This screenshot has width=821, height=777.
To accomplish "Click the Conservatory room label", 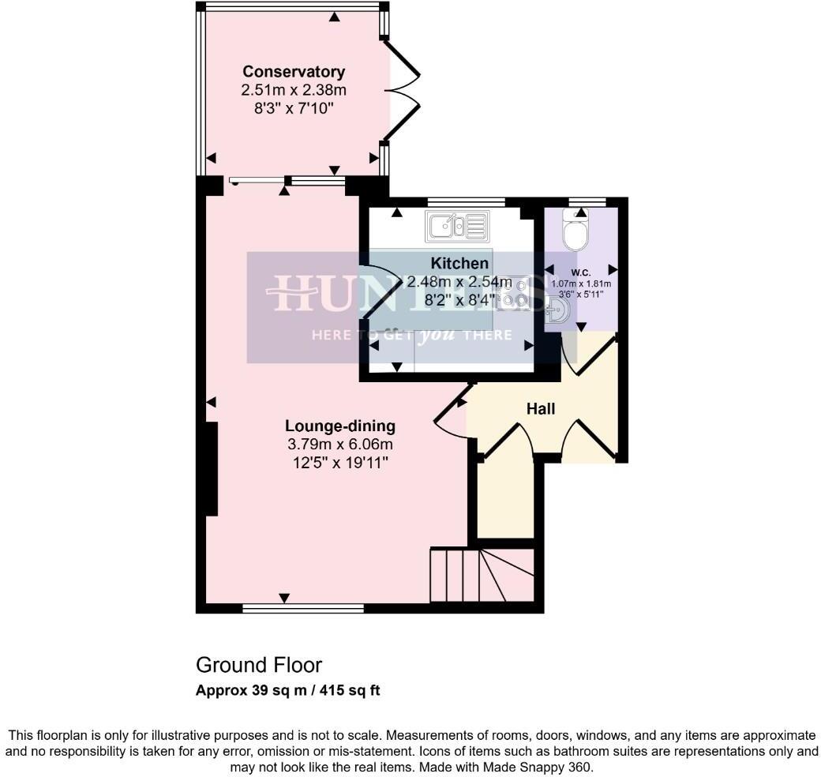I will (x=294, y=72).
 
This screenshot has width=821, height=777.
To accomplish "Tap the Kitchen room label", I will (x=459, y=263).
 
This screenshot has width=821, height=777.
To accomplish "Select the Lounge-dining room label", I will (x=341, y=426).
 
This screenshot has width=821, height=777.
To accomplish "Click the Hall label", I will (x=541, y=409).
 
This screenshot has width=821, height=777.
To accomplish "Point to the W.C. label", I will (x=581, y=272).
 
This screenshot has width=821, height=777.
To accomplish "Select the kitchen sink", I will (x=457, y=227).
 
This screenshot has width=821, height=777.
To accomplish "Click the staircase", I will (x=480, y=575).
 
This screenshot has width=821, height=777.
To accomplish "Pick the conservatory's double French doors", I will (x=403, y=91).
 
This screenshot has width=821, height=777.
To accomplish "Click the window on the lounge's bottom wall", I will (x=303, y=608).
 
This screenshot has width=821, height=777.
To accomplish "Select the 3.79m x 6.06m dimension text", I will (x=341, y=445).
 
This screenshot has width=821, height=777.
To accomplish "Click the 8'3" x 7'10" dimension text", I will (x=294, y=108).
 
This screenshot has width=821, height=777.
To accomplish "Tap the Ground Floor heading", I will (x=259, y=665).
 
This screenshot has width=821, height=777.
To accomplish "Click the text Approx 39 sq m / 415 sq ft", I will (x=288, y=690).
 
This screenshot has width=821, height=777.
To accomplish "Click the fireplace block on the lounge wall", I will (x=212, y=469).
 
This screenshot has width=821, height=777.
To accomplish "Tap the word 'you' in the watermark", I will (x=437, y=334).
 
